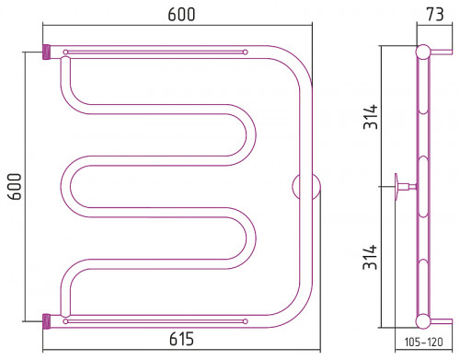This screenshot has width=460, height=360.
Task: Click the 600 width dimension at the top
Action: click(x=181, y=15)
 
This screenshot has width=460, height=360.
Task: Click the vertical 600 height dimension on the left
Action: click(x=15, y=187)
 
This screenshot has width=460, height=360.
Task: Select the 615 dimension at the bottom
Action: click(x=181, y=339)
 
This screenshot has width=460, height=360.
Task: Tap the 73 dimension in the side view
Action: click(x=435, y=15)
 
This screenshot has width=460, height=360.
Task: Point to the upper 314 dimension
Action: click(x=371, y=117)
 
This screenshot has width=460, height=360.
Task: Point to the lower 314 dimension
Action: click(x=370, y=257)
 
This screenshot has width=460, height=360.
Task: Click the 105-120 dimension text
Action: click(x=423, y=342)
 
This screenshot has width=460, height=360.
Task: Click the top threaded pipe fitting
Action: click(x=46, y=52)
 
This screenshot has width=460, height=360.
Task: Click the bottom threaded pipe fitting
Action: click(x=46, y=321)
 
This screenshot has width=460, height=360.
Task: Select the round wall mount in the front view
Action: click(x=306, y=187)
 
